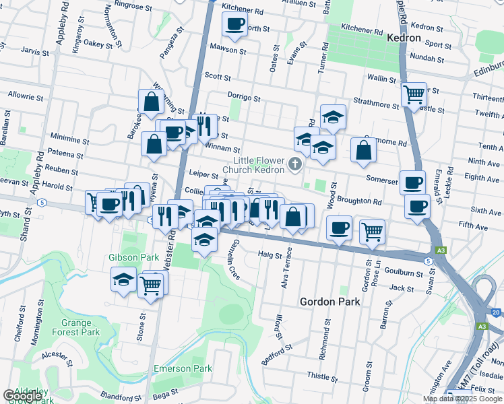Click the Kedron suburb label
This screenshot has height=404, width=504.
(x=404, y=38)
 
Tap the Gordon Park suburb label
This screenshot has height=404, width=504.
(x=329, y=302)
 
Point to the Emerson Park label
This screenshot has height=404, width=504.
(x=183, y=368)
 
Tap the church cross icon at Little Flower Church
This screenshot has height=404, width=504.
(x=295, y=164)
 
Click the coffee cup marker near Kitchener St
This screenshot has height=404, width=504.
(x=235, y=25)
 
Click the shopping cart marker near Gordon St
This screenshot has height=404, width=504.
(x=371, y=232)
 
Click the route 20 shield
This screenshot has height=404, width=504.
(x=497, y=312)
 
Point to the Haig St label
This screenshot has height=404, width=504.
(x=270, y=254)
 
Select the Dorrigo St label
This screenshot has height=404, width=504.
(x=243, y=98)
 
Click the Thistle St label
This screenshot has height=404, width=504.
(x=321, y=375)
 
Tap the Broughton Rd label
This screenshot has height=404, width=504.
(x=359, y=201)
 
